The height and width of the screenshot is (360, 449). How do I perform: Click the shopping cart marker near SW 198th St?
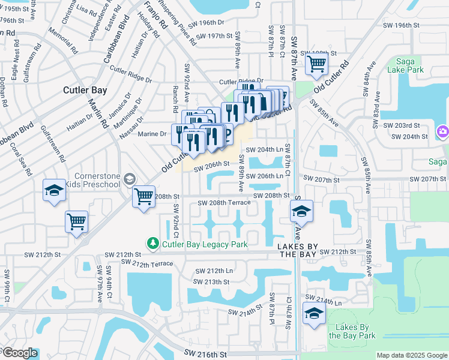pyautogui.click(x=316, y=62)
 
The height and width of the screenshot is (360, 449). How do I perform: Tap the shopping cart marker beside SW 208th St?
pyautogui.click(x=143, y=196)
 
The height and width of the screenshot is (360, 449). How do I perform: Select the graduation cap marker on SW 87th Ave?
pyautogui.click(x=302, y=211)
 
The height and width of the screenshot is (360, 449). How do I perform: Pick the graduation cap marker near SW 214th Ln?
pyautogui.click(x=314, y=313)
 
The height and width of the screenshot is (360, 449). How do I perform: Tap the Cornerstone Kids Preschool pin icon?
pyautogui.click(x=129, y=179)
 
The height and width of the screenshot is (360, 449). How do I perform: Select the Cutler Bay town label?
pyautogui.click(x=85, y=90)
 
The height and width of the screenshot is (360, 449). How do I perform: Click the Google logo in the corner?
pyautogui.click(x=19, y=353)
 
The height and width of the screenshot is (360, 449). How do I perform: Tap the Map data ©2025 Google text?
pyautogui.click(x=412, y=355)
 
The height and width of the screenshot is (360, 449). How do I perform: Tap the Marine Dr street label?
pyautogui.click(x=154, y=134)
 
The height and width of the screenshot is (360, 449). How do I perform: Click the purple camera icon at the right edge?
pyautogui.click(x=443, y=131)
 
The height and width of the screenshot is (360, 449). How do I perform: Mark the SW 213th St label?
pyautogui.click(x=212, y=281)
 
